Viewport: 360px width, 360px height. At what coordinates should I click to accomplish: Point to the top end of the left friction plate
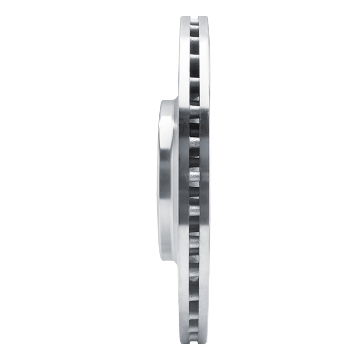click(184, 19)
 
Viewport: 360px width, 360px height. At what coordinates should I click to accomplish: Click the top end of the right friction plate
click(204, 19)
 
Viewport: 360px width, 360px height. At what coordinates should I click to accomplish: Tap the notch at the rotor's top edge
click(194, 18)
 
